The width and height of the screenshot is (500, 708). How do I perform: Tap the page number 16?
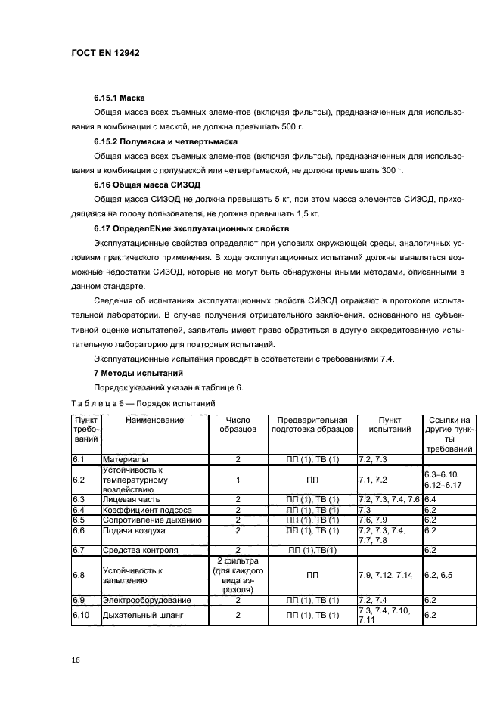click(75, 660)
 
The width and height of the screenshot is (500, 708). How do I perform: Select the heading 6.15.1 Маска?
click(119, 98)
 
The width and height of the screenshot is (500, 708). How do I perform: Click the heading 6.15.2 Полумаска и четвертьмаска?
click(165, 141)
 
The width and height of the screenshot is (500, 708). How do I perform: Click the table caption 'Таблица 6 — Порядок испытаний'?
click(143, 403)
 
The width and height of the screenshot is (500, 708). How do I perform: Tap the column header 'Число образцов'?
click(238, 424)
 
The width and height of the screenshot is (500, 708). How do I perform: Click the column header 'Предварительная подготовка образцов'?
click(312, 424)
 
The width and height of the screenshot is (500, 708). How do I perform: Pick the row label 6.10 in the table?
click(81, 616)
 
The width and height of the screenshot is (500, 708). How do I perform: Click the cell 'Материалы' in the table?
click(125, 459)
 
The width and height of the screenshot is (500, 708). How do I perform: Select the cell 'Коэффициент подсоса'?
click(146, 510)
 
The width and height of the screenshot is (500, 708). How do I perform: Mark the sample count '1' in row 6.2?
click(238, 480)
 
